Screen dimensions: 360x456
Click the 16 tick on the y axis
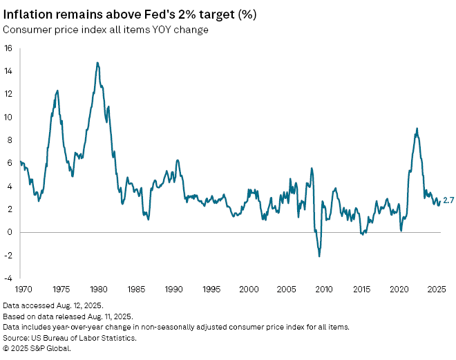[x=8, y=48]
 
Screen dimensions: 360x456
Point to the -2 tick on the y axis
[x=8, y=255]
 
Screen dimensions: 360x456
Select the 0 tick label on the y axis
[x=10, y=232]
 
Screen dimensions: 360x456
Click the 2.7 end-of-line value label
[x=448, y=201]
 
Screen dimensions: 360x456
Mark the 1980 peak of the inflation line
[x=97, y=63]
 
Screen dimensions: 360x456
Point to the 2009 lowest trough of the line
[x=319, y=256]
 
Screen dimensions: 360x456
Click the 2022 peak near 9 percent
[x=417, y=129]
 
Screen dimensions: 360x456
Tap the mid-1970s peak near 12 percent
[x=57, y=91]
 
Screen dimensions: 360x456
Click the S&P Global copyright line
[x=37, y=348]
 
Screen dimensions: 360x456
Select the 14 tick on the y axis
[x=8, y=71]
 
